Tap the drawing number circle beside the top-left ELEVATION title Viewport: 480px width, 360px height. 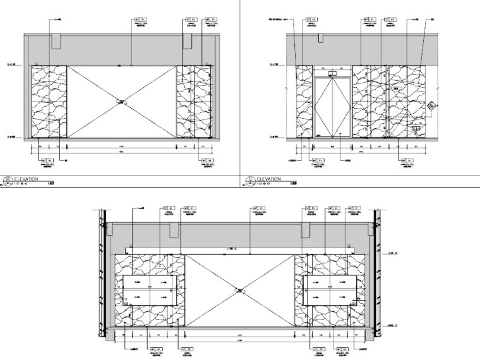coord(8,180)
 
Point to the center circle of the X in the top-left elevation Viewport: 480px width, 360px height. coord(122,100)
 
